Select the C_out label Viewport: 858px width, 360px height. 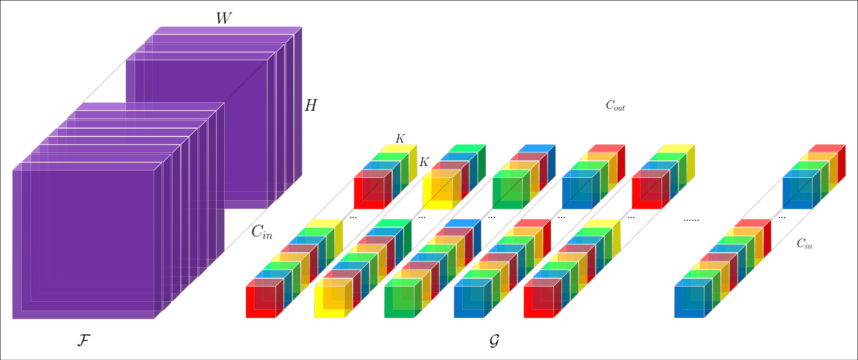tap(615, 106)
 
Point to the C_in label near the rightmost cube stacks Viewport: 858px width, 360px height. tap(804, 244)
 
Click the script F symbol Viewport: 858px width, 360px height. tap(84, 340)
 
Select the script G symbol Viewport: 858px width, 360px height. tap(494, 341)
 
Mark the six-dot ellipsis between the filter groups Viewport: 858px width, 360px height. tap(691, 220)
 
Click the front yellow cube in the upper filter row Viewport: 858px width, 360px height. tap(437, 193)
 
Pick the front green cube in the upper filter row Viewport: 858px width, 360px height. tap(507, 193)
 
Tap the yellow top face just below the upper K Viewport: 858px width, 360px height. tap(398, 148)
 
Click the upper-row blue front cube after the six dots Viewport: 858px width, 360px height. tap(797, 193)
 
